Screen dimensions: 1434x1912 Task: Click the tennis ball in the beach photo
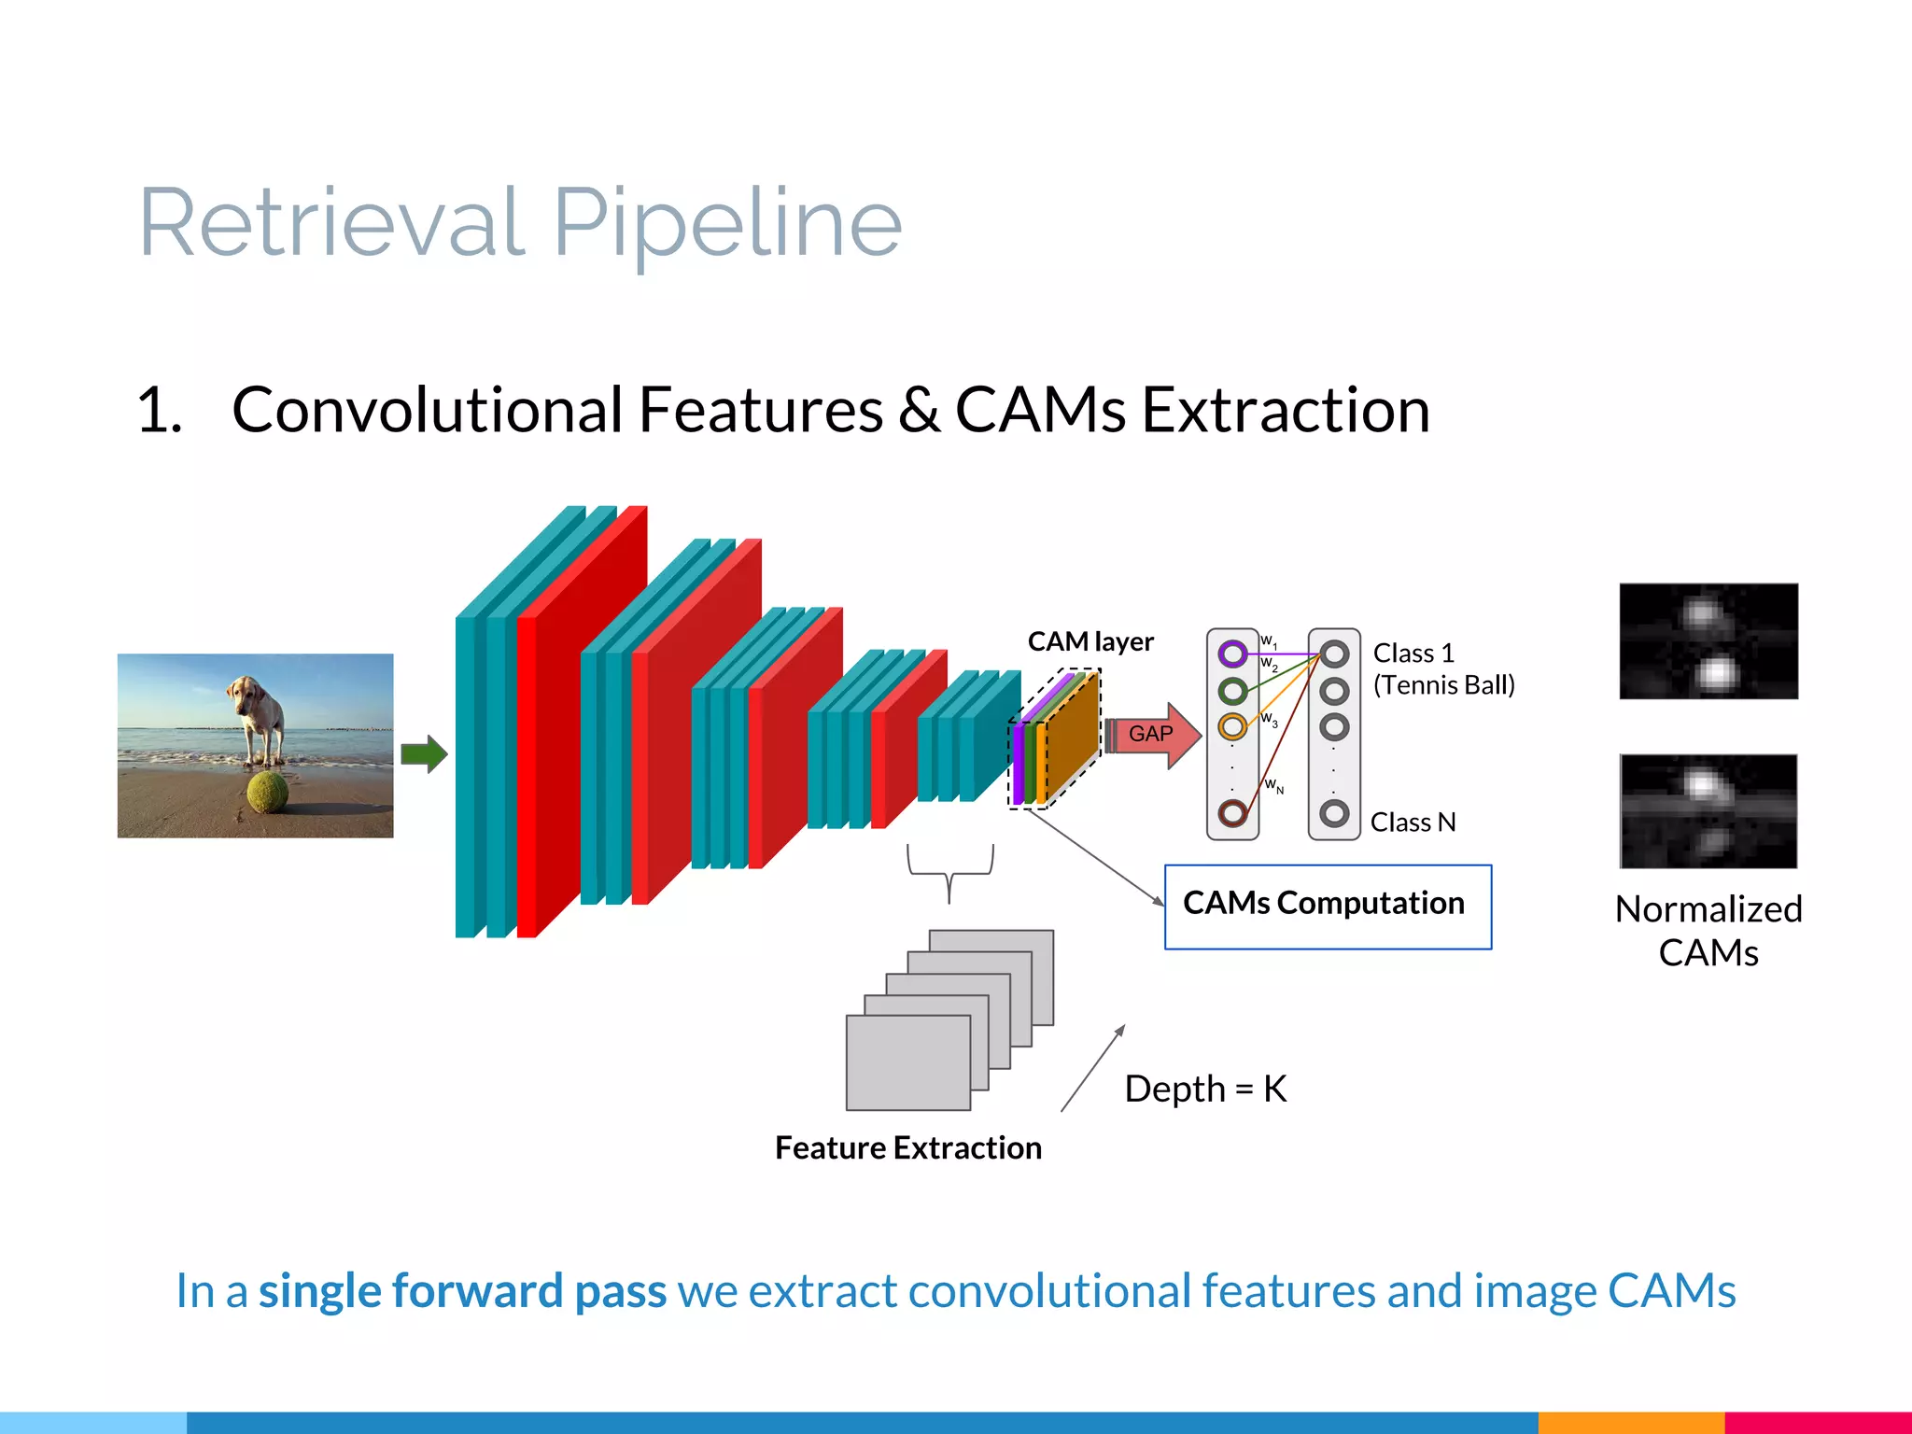click(x=267, y=792)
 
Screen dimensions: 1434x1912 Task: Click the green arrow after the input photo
click(x=424, y=753)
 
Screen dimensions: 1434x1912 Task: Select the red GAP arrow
click(x=1153, y=735)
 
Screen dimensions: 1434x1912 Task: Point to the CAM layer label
click(x=1090, y=641)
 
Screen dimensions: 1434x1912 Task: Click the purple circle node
click(x=1232, y=654)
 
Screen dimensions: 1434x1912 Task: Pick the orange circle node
click(x=1232, y=725)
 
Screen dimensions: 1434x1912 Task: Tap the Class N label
click(x=1413, y=822)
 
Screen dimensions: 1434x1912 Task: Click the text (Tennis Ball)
click(x=1443, y=685)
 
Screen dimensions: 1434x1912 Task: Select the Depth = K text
click(x=1205, y=1089)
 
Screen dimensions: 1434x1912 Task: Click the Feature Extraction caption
click(x=907, y=1147)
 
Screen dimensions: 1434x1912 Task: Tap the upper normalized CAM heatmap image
click(x=1708, y=641)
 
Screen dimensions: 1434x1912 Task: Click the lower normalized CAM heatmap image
click(x=1708, y=811)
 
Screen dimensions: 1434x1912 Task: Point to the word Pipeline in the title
click(x=727, y=224)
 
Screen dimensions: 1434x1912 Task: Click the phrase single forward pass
click(x=462, y=1291)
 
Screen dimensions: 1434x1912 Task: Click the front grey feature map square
click(x=907, y=1062)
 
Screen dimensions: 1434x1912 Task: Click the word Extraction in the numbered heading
click(x=1286, y=411)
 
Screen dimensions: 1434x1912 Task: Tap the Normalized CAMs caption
click(x=1708, y=931)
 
